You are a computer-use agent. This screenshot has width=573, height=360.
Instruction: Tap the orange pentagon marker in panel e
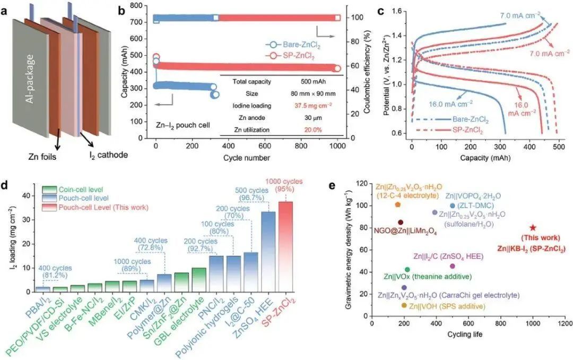click(x=397, y=204)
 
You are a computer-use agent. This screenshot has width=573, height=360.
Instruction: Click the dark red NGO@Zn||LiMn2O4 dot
click(x=400, y=222)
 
